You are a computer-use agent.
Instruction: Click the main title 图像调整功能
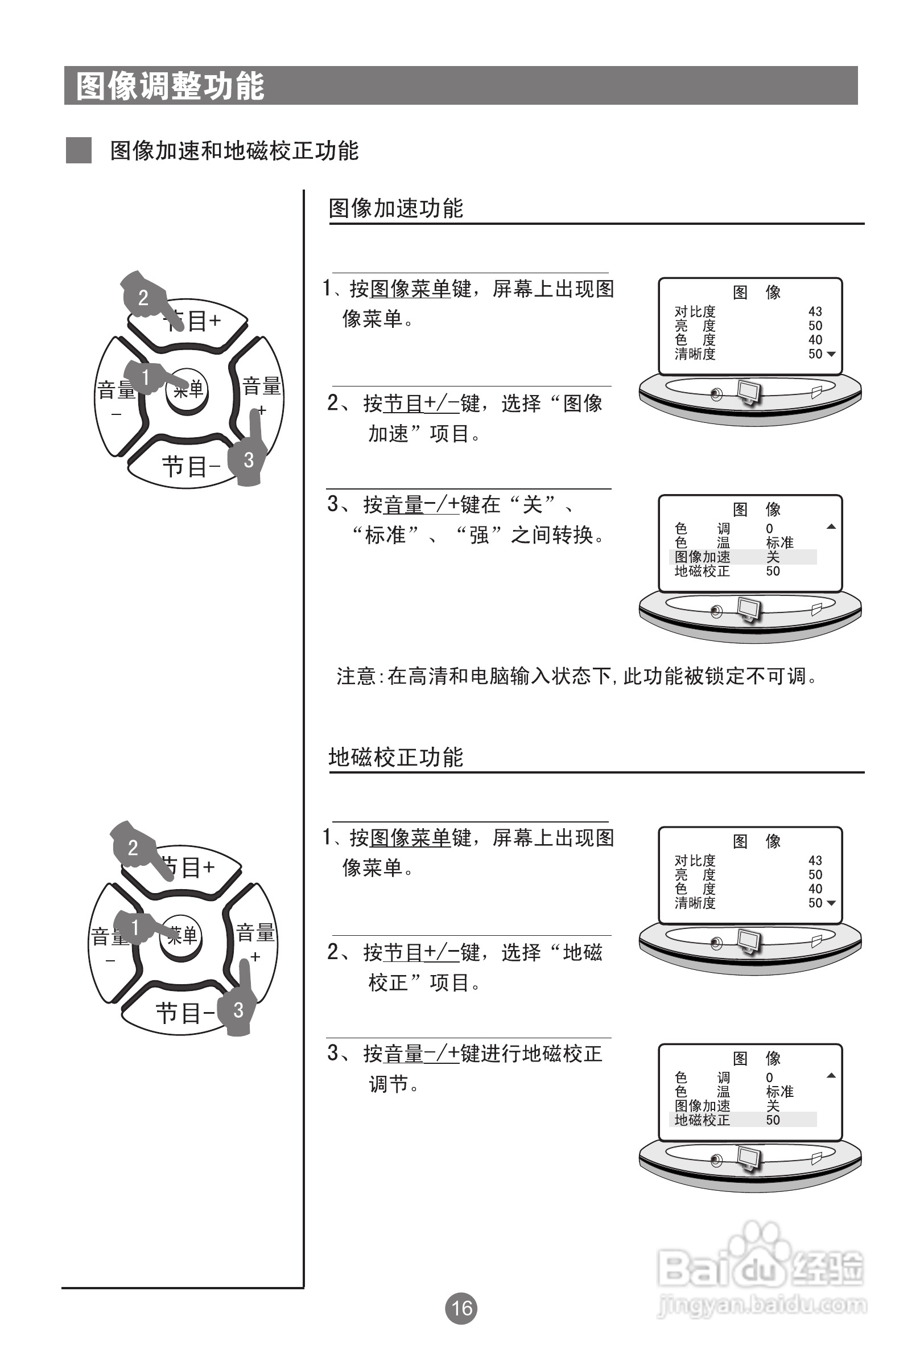coord(171,87)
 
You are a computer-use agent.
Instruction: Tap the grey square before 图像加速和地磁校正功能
coord(79,151)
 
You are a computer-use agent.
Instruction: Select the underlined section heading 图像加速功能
coord(396,208)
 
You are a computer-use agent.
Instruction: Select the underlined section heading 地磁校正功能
coord(396,757)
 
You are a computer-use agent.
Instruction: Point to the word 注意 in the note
coord(356,676)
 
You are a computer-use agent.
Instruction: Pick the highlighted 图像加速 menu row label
coord(702,557)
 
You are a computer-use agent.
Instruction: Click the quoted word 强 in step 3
coord(478,534)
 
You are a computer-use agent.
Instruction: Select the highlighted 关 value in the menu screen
coord(773,557)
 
